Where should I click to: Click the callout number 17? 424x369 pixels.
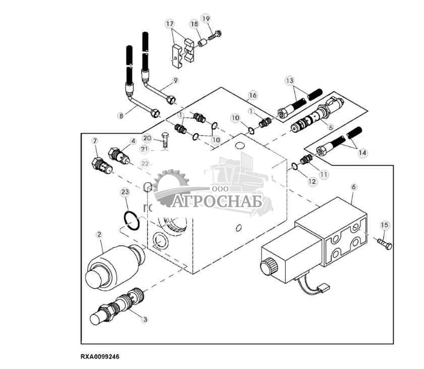point(170,24)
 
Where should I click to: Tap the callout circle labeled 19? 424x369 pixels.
point(205,19)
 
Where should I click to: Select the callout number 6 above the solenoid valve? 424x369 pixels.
point(353,186)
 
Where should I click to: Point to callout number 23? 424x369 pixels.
point(125,192)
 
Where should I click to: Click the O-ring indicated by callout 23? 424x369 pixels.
point(132,221)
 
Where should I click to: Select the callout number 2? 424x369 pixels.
point(99,235)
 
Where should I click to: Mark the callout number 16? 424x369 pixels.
point(253,95)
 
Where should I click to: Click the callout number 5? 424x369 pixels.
point(331,127)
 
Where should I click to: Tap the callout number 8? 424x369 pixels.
point(121,115)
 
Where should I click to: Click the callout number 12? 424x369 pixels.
point(313,181)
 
